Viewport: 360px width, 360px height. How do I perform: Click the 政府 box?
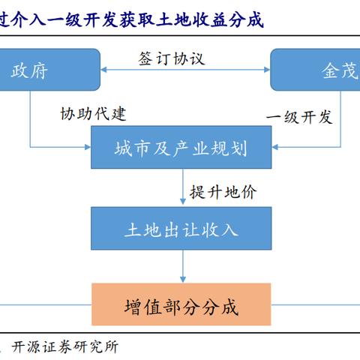(50, 70)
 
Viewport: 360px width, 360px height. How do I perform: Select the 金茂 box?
(315, 70)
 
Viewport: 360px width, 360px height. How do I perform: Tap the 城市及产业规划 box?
(181, 147)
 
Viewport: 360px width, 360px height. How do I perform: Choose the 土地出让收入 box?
(181, 228)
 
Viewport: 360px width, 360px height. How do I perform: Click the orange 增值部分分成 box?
(181, 304)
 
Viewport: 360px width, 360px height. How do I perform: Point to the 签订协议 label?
(172, 59)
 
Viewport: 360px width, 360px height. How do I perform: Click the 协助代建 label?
(93, 114)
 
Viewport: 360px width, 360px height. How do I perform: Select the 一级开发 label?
(299, 117)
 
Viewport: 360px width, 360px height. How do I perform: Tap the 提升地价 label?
(223, 192)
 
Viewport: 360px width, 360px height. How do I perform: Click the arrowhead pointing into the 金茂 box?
(267, 70)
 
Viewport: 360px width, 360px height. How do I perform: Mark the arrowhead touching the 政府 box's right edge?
(103, 70)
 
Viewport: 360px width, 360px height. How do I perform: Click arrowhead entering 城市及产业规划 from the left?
(88, 147)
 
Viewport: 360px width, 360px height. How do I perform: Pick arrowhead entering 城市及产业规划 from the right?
(275, 147)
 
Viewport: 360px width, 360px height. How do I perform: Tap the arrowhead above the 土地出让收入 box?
(183, 202)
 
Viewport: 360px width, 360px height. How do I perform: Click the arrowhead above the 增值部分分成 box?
(183, 279)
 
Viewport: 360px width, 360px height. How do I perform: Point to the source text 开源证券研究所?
(65, 347)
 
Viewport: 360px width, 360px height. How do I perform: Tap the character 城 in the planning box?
(124, 148)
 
